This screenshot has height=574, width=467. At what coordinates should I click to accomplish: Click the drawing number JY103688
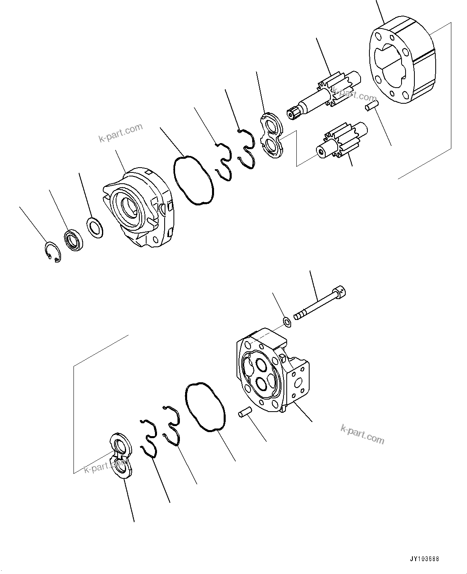[424, 558]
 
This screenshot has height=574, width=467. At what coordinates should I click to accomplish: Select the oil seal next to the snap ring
[73, 240]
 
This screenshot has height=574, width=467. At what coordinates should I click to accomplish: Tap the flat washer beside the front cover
[95, 228]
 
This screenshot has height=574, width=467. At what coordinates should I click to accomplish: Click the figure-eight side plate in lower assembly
[120, 454]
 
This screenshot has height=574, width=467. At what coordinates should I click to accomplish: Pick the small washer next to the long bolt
[287, 322]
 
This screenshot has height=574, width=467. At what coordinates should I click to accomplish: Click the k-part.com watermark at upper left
[120, 133]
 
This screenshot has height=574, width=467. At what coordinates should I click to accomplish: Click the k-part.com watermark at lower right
[362, 434]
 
